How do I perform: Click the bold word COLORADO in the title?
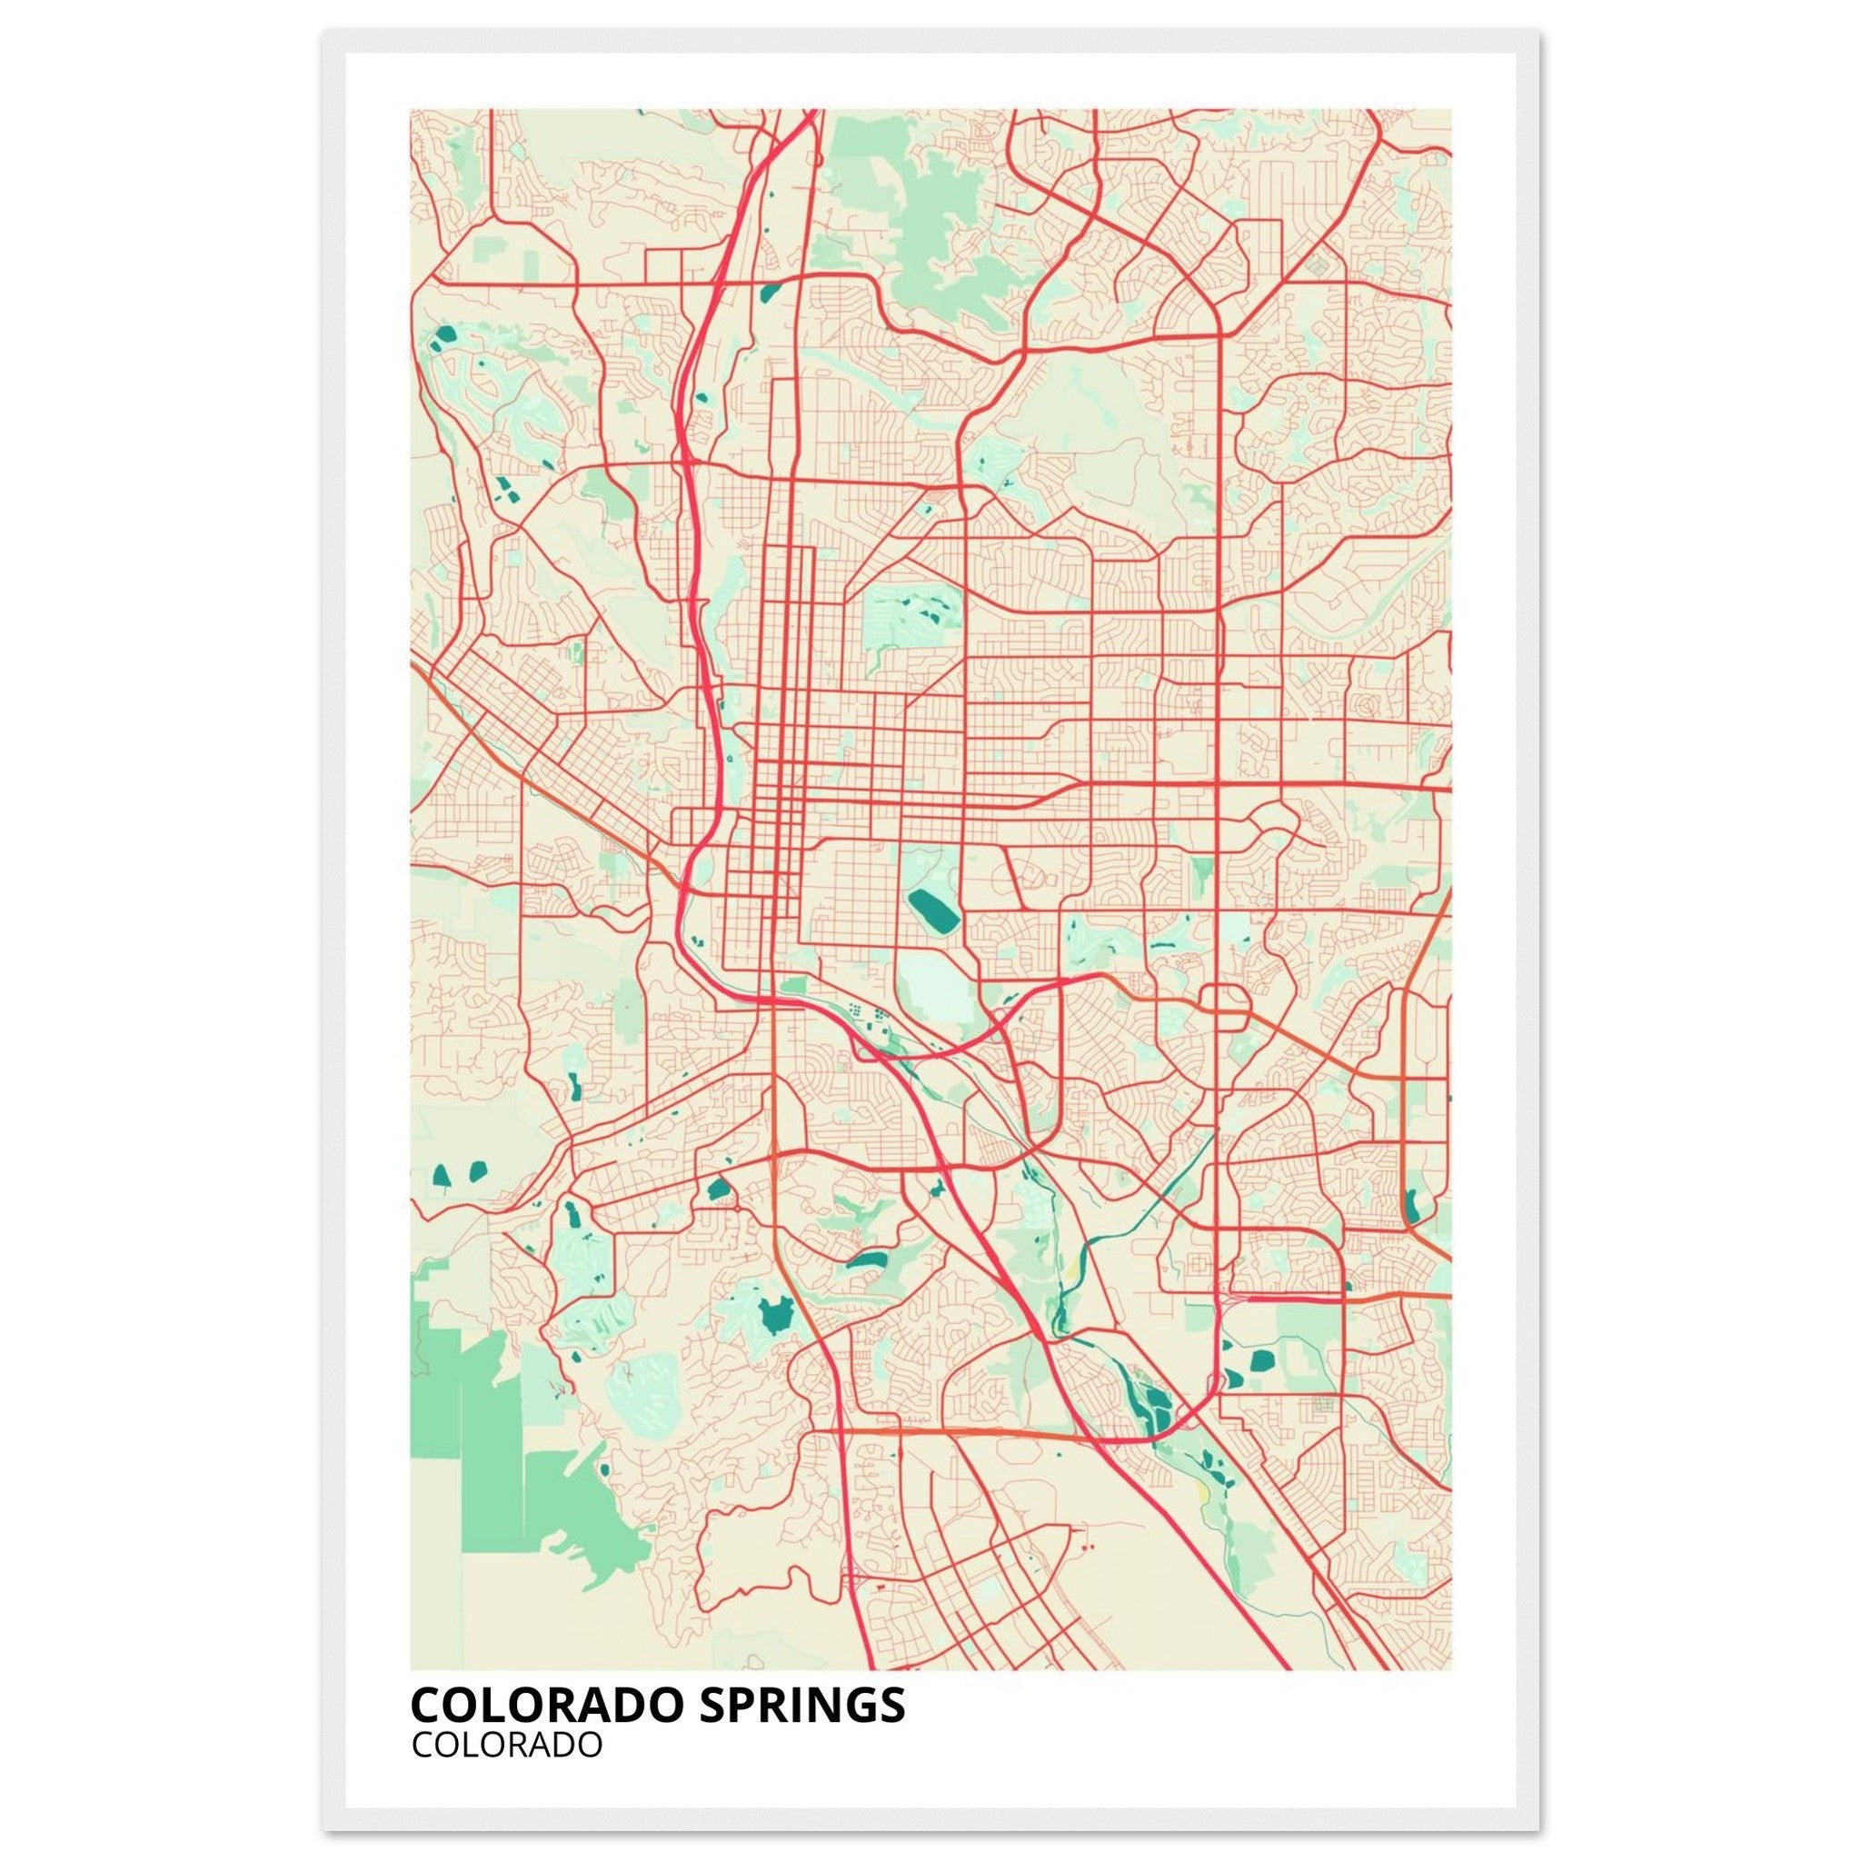pyautogui.click(x=546, y=1704)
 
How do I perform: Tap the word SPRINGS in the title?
pyautogui.click(x=801, y=1704)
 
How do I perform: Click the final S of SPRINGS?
pyautogui.click(x=893, y=1704)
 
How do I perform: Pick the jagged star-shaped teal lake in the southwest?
pyautogui.click(x=774, y=1315)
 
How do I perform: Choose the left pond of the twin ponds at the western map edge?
pyautogui.click(x=443, y=1176)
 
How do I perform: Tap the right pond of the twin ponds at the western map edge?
pyautogui.click(x=477, y=1172)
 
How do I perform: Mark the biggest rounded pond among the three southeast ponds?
pyautogui.click(x=1261, y=1361)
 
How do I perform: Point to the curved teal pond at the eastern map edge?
pyautogui.click(x=1412, y=1204)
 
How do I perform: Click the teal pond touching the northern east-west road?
pyautogui.click(x=770, y=292)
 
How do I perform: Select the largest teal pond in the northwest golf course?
pyautogui.click(x=445, y=336)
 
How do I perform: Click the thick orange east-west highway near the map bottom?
pyautogui.click(x=1001, y=1432)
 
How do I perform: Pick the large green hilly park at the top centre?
pyautogui.click(x=925, y=231)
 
